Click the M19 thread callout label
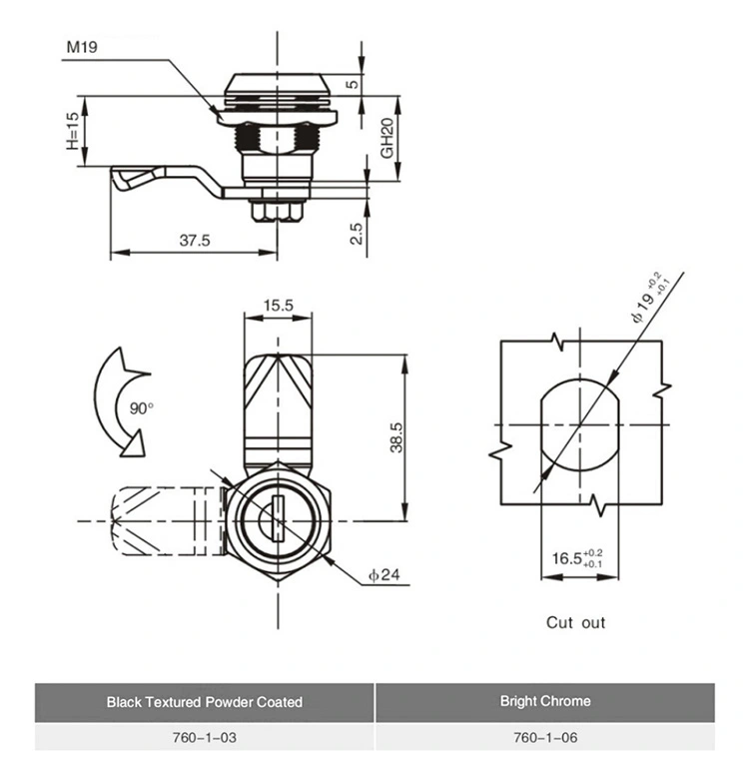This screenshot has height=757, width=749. [82, 47]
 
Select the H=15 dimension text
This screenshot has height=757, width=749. [71, 131]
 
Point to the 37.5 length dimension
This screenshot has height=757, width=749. [195, 241]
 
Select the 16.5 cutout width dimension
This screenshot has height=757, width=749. [577, 557]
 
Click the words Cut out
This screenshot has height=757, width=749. [575, 622]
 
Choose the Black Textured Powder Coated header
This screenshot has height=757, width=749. [204, 702]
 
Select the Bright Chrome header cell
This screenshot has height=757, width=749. [544, 702]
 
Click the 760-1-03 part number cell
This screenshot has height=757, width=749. [204, 738]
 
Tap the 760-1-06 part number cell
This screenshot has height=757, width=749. [544, 738]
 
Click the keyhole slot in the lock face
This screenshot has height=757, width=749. [276, 519]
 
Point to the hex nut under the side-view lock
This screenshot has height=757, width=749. [276, 211]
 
